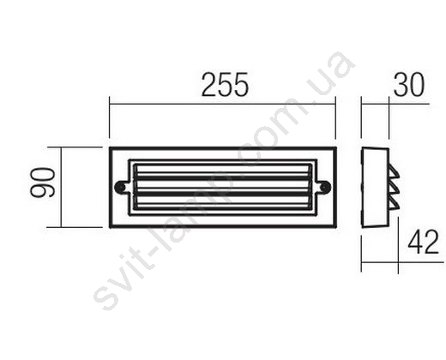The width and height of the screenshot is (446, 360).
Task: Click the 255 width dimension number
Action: tap(225, 85)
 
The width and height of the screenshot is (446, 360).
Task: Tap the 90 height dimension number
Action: tap(42, 183)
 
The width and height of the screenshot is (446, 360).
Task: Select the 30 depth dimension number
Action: tap(409, 85)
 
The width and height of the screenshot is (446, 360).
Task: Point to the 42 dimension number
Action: tap(423, 242)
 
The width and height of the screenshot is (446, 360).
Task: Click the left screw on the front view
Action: tap(119, 187)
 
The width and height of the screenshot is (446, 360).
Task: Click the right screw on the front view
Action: tap(325, 187)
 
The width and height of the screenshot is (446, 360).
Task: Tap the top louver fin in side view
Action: tap(394, 173)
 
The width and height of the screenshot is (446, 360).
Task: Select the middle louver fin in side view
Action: tap(395, 189)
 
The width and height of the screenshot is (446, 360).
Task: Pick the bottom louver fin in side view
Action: tap(395, 205)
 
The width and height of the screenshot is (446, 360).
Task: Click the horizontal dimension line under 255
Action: tap(222, 104)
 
